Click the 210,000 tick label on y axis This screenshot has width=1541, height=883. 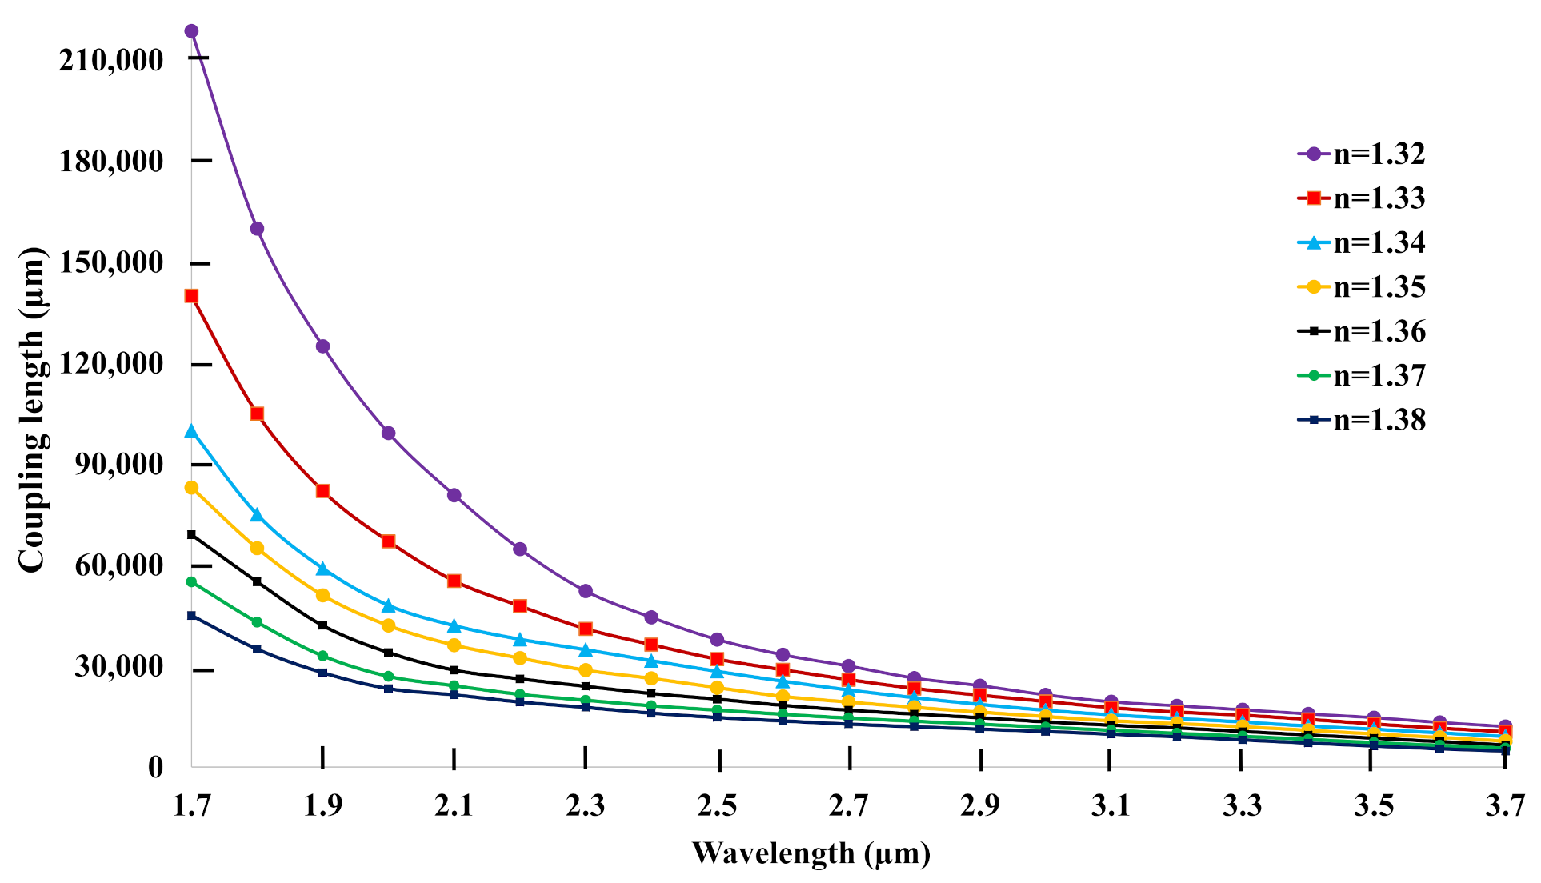click(111, 60)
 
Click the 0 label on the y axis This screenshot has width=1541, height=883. click(155, 768)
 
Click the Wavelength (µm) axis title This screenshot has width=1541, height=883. click(811, 854)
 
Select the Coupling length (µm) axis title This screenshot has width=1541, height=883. click(32, 410)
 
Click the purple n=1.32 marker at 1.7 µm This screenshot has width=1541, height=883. click(191, 31)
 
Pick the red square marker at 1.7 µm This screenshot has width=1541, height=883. click(191, 296)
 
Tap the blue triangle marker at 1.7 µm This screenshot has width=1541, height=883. click(191, 431)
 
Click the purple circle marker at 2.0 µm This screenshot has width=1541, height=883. click(388, 434)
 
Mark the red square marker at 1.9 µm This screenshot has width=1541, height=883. click(322, 491)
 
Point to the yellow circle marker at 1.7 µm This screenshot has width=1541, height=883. click(191, 488)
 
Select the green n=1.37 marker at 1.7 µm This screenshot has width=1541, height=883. click(191, 582)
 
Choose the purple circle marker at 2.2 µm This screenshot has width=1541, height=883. click(520, 549)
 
